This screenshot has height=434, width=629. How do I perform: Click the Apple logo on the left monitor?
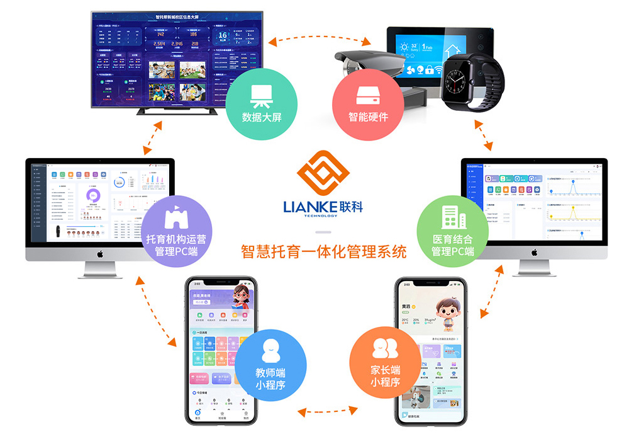99,254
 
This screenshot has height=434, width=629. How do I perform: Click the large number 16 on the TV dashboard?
222,37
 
